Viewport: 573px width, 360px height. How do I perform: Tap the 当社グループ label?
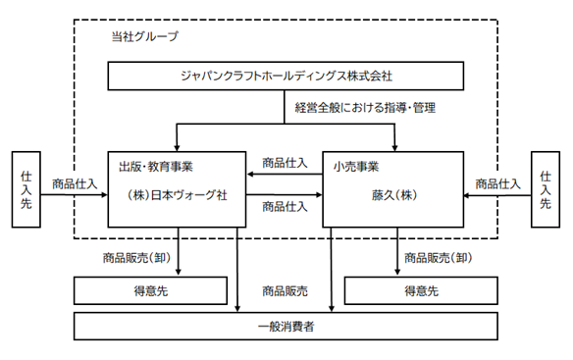pyautogui.click(x=144, y=36)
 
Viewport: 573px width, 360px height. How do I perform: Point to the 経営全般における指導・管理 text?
pyautogui.click(x=365, y=108)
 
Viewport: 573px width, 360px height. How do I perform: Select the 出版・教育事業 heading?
pyautogui.click(x=156, y=167)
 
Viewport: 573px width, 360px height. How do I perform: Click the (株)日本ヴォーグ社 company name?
pyautogui.click(x=177, y=195)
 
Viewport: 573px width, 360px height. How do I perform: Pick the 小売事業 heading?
pyautogui.click(x=356, y=167)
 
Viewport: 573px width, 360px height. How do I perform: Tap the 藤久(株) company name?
pyautogui.click(x=394, y=195)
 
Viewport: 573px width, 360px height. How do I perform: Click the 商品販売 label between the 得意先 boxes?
pyautogui.click(x=286, y=291)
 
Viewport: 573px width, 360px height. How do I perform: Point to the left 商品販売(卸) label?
pyautogui.click(x=136, y=258)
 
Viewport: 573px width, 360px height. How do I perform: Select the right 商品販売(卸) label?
pyautogui.click(x=439, y=258)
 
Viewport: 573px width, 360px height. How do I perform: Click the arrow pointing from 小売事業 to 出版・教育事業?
pyautogui.click(x=285, y=175)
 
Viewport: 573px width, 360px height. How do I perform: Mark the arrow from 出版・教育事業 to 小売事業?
pyautogui.click(x=285, y=195)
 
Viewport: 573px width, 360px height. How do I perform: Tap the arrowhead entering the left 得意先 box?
pyautogui.click(x=179, y=273)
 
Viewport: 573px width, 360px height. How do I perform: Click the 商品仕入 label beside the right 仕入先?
pyautogui.click(x=497, y=183)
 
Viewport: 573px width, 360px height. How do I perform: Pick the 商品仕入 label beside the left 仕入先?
pyautogui.click(x=75, y=183)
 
